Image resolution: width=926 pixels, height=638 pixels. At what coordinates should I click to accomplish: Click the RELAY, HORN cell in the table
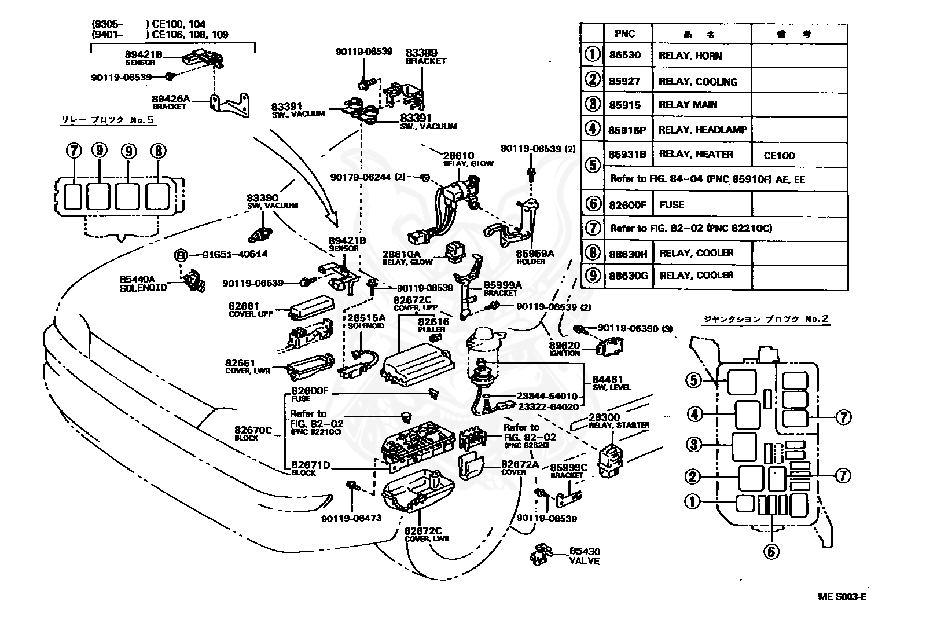pyautogui.click(x=690, y=56)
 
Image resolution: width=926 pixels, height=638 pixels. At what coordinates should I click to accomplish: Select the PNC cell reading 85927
pyautogui.click(x=624, y=82)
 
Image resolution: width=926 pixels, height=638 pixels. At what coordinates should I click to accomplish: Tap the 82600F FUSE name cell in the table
pyautogui.click(x=671, y=204)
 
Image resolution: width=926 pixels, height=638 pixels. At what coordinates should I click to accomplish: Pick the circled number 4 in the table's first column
pyautogui.click(x=592, y=129)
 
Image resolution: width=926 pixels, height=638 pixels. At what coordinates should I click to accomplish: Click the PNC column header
pyautogui.click(x=624, y=34)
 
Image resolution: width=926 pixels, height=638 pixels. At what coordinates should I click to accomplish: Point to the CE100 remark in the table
pyautogui.click(x=779, y=156)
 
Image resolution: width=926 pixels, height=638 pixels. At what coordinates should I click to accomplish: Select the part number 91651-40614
pyautogui.click(x=235, y=254)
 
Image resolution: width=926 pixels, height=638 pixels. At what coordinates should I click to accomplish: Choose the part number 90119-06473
pyautogui.click(x=351, y=518)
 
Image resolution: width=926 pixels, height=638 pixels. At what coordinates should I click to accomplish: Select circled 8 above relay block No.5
pyautogui.click(x=157, y=151)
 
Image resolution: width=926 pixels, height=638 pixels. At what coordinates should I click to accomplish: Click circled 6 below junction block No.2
pyautogui.click(x=771, y=552)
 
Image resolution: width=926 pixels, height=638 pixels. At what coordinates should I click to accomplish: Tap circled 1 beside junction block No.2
pyautogui.click(x=692, y=501)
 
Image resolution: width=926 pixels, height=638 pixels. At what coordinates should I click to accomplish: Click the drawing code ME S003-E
pyautogui.click(x=842, y=597)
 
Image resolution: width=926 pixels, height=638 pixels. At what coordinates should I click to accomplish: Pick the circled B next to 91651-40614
pyautogui.click(x=181, y=254)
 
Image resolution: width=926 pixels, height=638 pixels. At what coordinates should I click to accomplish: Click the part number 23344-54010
pyautogui.click(x=547, y=397)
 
